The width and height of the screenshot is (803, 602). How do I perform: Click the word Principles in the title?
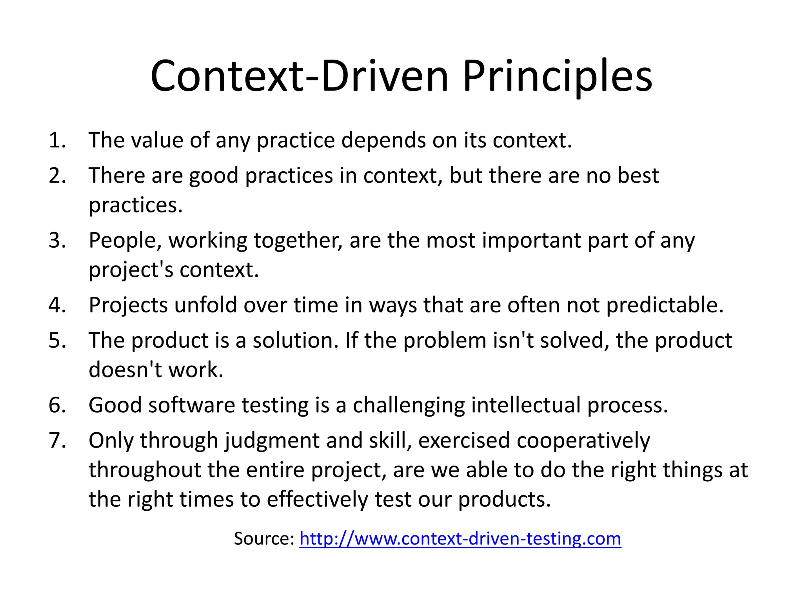tap(557, 76)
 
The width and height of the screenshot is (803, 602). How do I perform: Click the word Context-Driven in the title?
tap(299, 76)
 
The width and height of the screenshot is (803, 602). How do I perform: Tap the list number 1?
tap(57, 140)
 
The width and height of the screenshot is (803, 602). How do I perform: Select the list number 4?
tap(57, 305)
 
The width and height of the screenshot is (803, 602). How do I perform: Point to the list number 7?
tap(57, 440)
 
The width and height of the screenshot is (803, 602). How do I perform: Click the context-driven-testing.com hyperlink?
tap(460, 539)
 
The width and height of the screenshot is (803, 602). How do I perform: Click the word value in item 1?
tap(157, 140)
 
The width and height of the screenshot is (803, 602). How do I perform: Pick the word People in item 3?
tap(122, 240)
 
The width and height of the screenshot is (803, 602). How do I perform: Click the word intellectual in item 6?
tap(525, 405)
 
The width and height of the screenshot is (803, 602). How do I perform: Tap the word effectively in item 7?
tap(317, 500)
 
